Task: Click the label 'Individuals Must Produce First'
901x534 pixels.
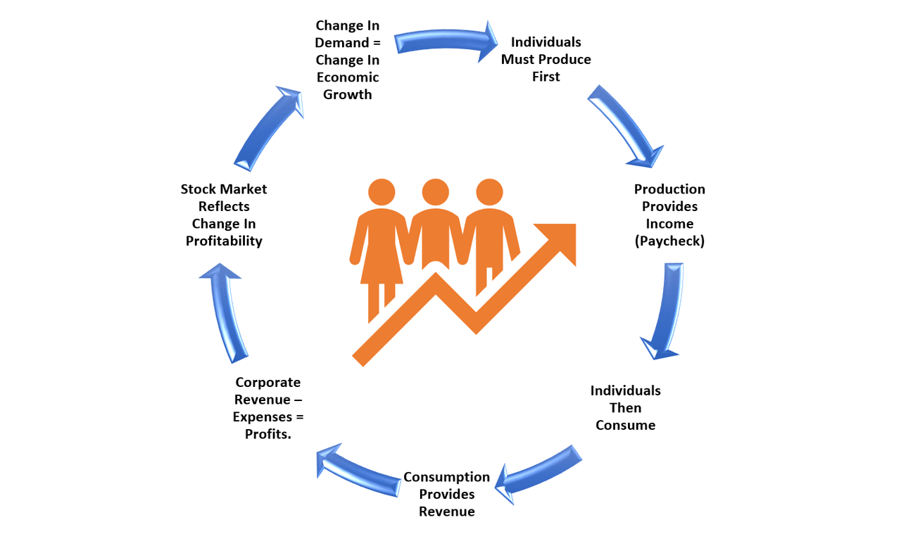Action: tap(546, 59)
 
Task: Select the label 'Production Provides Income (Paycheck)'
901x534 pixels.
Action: tap(669, 215)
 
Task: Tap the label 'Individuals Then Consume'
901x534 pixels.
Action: tap(626, 408)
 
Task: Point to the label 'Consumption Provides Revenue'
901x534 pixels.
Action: tap(446, 494)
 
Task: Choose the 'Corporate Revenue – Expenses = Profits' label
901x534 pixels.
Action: tap(268, 408)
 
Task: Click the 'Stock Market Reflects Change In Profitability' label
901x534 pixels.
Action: tap(224, 215)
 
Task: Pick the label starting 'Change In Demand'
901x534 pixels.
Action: tap(348, 60)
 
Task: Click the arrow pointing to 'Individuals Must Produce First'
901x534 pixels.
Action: tap(444, 40)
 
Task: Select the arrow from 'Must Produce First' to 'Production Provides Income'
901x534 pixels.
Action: tap(627, 125)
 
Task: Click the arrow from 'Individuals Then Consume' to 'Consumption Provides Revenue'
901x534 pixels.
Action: tap(539, 474)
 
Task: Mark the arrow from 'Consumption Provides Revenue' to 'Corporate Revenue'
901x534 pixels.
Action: tap(358, 471)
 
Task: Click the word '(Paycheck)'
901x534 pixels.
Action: tap(669, 241)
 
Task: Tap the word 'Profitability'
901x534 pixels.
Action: tap(224, 241)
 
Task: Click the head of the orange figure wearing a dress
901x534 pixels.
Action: tap(382, 192)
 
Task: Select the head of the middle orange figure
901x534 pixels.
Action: tap(435, 192)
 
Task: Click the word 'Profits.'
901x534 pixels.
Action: tap(268, 434)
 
